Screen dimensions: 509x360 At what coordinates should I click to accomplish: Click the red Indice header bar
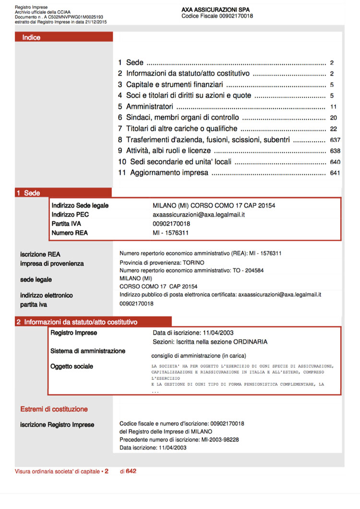click(x=64, y=37)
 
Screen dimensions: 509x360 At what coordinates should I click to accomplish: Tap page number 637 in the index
click(x=335, y=140)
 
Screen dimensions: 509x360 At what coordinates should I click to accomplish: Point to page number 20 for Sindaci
click(x=334, y=118)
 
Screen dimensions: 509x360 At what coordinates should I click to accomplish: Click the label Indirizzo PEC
click(x=70, y=215)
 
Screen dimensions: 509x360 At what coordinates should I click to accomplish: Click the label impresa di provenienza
click(x=52, y=263)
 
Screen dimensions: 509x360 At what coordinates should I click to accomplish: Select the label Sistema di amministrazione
click(x=88, y=351)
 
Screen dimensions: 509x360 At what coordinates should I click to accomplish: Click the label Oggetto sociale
click(x=72, y=367)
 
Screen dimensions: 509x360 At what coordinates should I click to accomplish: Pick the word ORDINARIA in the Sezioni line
click(x=250, y=342)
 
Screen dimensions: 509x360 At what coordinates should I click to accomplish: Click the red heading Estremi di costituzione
click(x=54, y=409)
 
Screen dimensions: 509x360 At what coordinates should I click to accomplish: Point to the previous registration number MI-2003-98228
click(x=218, y=439)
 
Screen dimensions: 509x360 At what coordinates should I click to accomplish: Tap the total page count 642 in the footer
click(x=131, y=471)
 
